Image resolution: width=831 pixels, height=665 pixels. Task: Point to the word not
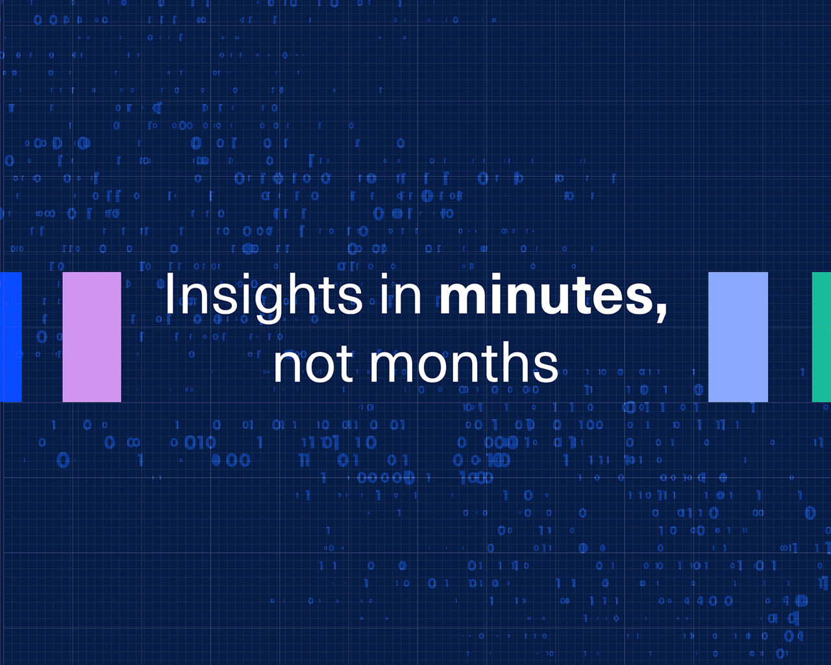coord(313,364)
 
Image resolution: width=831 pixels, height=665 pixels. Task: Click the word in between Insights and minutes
coord(401,294)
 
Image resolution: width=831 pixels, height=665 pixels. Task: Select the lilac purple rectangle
coord(92,337)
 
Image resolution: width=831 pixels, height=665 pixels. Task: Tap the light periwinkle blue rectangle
coord(738,337)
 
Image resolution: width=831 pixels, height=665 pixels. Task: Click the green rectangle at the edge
coord(821,337)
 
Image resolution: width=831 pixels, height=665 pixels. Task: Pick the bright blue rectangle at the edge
coord(11,337)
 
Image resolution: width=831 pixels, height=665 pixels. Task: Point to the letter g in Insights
coord(269,304)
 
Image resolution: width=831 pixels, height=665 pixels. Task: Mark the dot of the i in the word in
coord(384,276)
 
